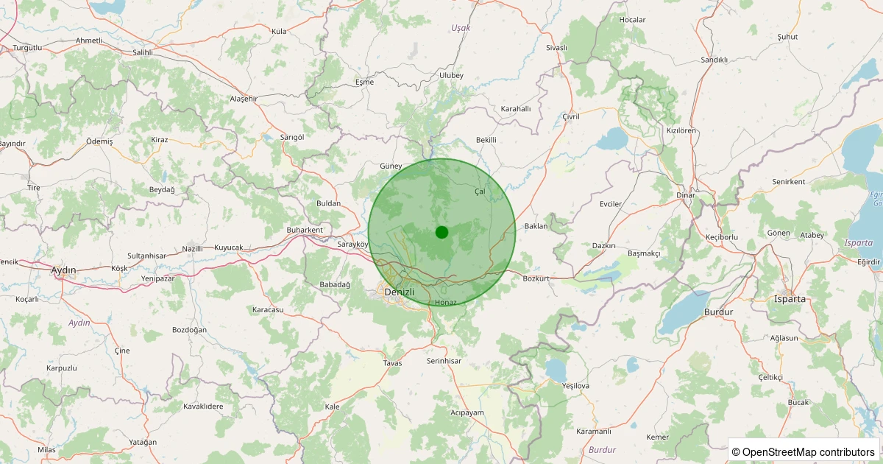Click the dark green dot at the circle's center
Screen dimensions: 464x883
(x=441, y=232)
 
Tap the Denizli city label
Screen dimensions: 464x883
(x=400, y=292)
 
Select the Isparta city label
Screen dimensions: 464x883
(x=790, y=299)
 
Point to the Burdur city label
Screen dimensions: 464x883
(x=719, y=312)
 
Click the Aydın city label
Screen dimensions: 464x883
(x=63, y=270)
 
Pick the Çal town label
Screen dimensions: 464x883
(x=480, y=191)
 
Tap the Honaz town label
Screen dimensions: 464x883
(x=446, y=303)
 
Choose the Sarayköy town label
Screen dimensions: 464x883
(x=352, y=244)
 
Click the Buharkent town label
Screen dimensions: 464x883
(x=305, y=230)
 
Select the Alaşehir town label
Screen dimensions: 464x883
(x=244, y=99)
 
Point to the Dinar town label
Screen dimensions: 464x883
(x=685, y=195)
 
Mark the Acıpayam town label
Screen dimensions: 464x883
(x=467, y=412)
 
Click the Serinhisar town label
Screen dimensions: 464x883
(x=444, y=361)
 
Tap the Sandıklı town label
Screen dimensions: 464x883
(x=714, y=60)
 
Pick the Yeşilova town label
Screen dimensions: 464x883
(x=575, y=385)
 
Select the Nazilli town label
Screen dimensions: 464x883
(x=192, y=249)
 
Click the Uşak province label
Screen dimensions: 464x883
(x=461, y=28)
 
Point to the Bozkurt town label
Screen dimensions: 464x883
(x=536, y=279)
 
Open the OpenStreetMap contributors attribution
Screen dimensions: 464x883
(x=804, y=451)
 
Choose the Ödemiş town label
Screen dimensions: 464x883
(x=99, y=141)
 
